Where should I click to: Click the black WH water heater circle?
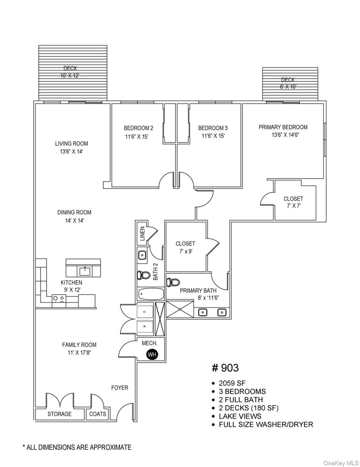tap(152, 355)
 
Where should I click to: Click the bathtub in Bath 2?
tap(151, 295)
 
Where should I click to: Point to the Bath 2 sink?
tap(142, 255)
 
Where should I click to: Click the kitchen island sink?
tap(84, 272)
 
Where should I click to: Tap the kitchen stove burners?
tap(58, 298)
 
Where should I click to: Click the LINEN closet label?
tap(142, 233)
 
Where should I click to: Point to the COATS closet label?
tap(98, 414)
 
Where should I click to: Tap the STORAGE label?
tap(60, 414)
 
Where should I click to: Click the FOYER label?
tap(120, 388)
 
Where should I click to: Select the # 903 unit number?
tap(225, 368)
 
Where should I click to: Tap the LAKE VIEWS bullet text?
tap(240, 416)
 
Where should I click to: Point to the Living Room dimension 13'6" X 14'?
tap(72, 152)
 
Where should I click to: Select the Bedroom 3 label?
tap(213, 128)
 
